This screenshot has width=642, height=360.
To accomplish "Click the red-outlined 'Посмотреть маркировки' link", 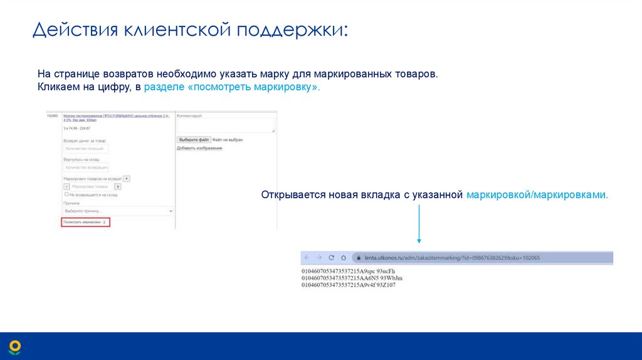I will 86,223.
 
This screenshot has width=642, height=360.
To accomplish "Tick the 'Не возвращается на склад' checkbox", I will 66,195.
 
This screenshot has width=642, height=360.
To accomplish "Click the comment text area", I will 226,125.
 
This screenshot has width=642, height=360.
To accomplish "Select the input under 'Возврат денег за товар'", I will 86,149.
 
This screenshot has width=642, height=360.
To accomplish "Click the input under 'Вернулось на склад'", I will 86,167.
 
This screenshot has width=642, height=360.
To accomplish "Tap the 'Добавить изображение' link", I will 199,148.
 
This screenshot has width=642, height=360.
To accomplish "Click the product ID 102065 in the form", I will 52,116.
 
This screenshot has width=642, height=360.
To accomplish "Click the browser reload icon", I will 330,258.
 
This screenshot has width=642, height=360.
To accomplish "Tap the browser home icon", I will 343,258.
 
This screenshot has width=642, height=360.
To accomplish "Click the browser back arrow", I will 307,258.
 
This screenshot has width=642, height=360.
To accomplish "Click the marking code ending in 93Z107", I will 349,285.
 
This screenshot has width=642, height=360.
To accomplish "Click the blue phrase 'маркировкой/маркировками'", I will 537,195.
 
